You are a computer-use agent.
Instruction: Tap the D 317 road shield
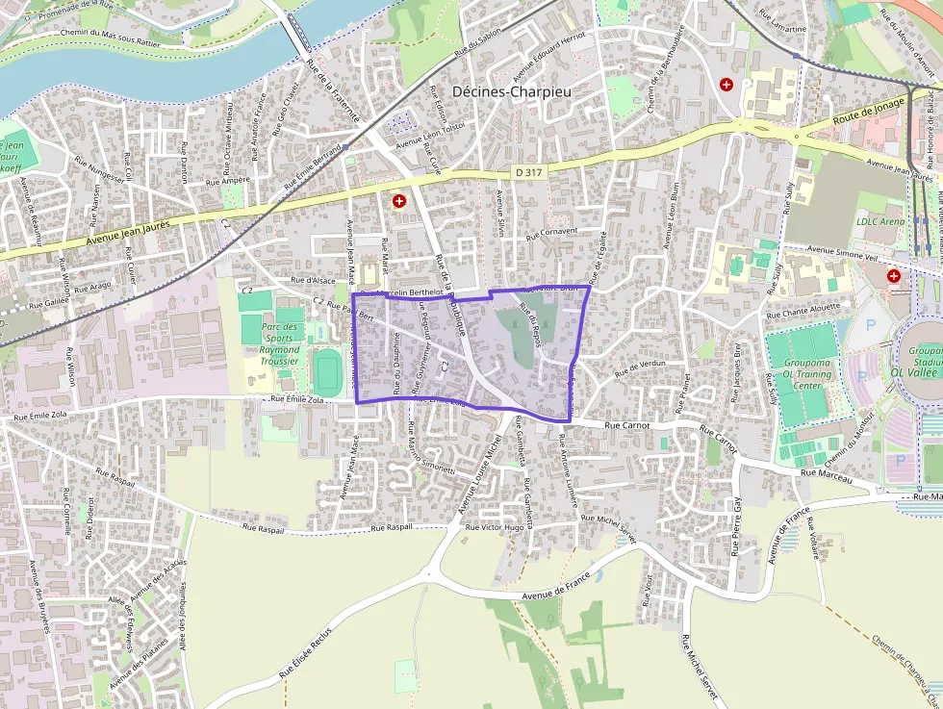[525, 171]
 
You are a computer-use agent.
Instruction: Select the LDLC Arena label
[879, 221]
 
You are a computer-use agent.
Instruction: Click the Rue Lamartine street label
[782, 21]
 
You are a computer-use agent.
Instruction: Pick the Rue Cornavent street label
[552, 232]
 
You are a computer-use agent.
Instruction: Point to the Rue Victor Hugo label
[495, 528]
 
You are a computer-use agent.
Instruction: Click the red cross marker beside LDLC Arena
[894, 276]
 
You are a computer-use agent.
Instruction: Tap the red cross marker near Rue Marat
[398, 201]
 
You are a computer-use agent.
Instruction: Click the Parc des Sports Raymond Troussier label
[280, 343]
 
